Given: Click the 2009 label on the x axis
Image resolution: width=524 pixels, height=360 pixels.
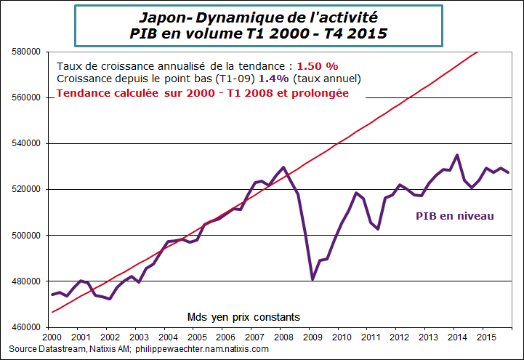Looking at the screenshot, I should click(311, 337).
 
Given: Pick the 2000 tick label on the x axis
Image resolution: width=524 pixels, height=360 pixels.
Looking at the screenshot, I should click(52, 337).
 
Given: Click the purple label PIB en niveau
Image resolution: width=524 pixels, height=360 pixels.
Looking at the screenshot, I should click(454, 216).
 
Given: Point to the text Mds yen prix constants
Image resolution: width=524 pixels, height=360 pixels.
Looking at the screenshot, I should click(243, 316).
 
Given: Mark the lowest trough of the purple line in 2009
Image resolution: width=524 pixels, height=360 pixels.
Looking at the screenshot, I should click(313, 279).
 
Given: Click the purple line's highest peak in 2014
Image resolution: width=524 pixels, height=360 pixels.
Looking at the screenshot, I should click(456, 155).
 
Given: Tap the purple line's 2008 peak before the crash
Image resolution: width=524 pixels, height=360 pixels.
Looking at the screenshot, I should click(283, 167).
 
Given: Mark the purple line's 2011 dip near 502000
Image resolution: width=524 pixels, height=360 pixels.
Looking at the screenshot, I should click(378, 229).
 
